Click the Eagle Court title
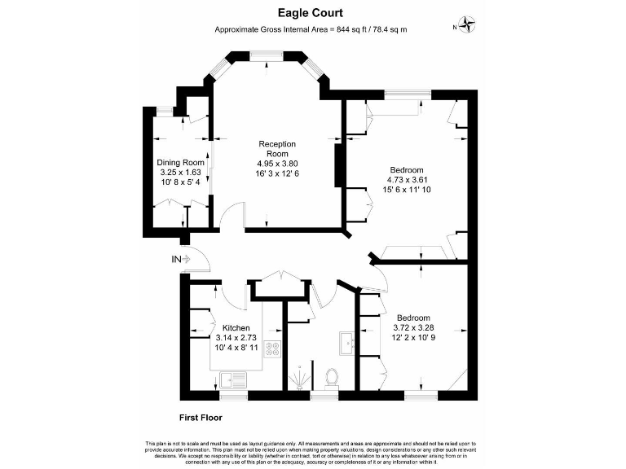point(310,13)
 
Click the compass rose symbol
point(468,25)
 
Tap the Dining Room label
point(180,162)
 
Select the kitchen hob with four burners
point(272,350)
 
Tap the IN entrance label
point(176,259)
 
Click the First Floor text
point(201,416)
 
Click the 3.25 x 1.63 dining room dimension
point(180,172)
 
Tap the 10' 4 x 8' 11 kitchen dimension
point(237,348)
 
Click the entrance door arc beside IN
point(201,261)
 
